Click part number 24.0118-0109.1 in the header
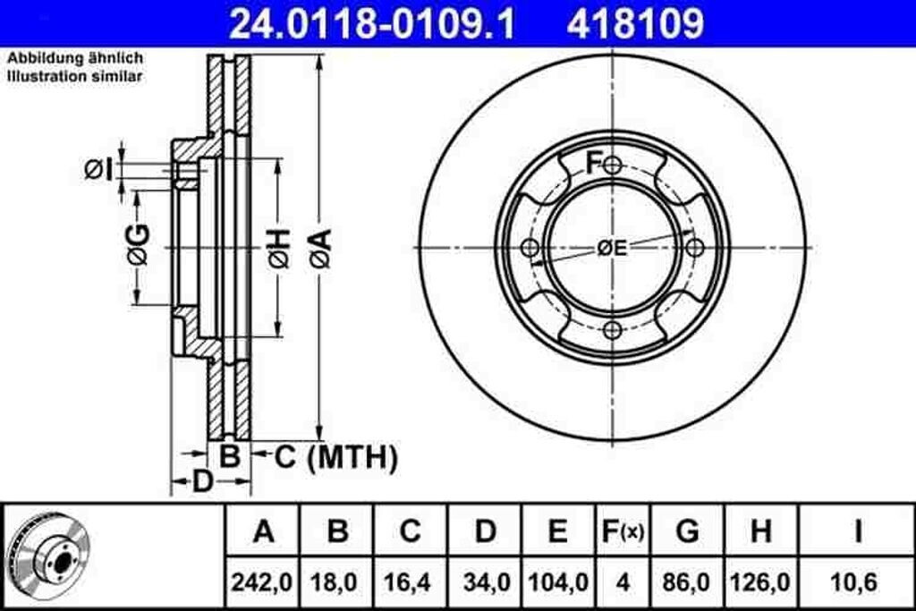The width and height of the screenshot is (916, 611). pos(373,23)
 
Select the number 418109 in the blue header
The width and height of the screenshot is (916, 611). pos(635,23)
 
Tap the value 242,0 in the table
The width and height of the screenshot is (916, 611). pos(262,582)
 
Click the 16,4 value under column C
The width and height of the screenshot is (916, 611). pos(410,582)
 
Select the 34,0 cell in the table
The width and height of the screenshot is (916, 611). pos(486,582)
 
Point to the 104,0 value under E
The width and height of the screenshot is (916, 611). pos(558,582)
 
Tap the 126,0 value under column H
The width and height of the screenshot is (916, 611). pos(760,582)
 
